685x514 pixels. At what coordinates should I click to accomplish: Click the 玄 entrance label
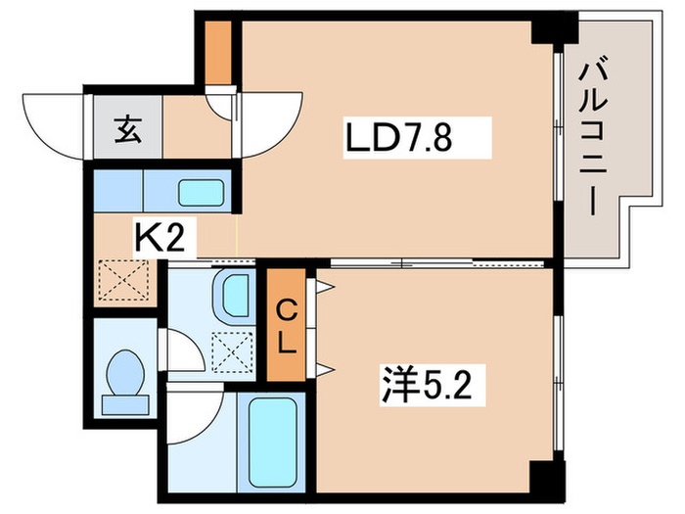pyautogui.click(x=127, y=127)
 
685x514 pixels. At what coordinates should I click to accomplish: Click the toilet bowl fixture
pyautogui.click(x=124, y=379)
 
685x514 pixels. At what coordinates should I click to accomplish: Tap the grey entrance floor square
pyautogui.click(x=127, y=127)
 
